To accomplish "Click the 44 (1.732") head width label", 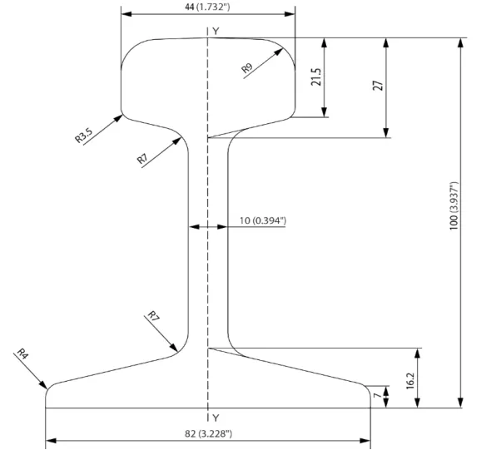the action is coord(207,7).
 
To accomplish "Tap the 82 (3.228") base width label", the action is coord(208,433).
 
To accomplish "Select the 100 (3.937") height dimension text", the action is coord(454,205).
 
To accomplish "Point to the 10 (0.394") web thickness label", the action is coord(263,220).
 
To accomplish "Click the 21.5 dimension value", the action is coord(316,77).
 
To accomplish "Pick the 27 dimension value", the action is coord(378,86).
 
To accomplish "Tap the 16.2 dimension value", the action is coord(410,381).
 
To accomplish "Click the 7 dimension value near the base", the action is coord(378,395).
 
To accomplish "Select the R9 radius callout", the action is coord(247,68).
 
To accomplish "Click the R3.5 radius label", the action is coord(83,136).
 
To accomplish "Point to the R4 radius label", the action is coord(22,354).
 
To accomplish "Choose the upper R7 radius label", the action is coord(142,159).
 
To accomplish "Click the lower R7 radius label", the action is coord(153,316).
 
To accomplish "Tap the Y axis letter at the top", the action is coord(216,31).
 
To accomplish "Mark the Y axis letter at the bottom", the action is coord(216,418).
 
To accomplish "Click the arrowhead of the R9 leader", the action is coord(278,52).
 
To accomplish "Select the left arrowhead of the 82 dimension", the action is coord(51,441).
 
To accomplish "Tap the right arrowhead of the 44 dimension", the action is coord(290,14).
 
